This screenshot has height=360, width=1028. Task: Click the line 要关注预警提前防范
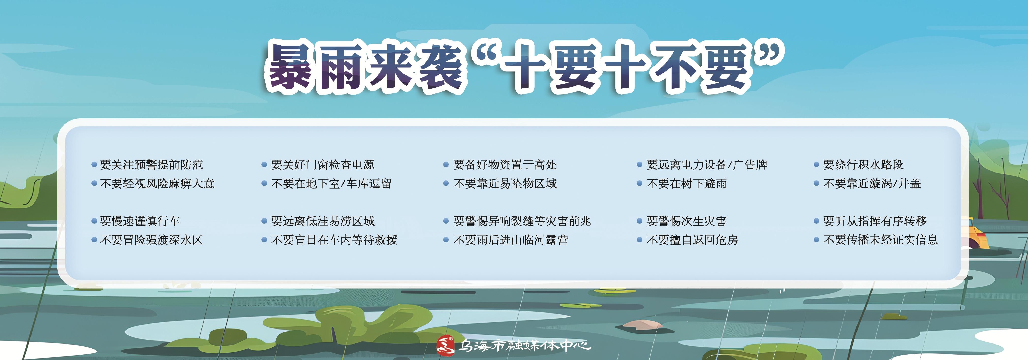coord(151,164)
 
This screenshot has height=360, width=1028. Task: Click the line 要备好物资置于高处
coord(505,164)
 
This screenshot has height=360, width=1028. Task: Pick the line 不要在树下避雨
coord(687,184)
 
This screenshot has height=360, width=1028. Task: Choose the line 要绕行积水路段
coord(863,164)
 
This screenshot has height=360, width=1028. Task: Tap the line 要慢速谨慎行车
coord(140,221)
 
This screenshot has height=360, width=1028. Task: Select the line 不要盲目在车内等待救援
coord(334,240)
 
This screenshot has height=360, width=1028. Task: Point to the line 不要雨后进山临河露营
coord(511,240)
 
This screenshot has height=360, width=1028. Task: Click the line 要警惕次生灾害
coord(687,221)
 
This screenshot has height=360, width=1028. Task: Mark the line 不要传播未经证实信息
coord(880,240)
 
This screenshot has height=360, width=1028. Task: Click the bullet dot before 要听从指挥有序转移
coord(816,221)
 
